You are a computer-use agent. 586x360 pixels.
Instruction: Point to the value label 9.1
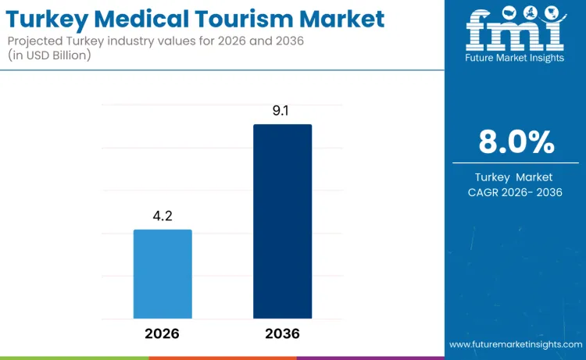[x=282, y=111]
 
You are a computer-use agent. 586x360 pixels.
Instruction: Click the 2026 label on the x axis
[x=162, y=333]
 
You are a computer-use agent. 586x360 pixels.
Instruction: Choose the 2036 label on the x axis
[x=282, y=333]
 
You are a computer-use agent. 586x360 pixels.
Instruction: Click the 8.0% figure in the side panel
[x=516, y=142]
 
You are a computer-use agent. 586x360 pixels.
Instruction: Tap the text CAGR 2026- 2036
[x=516, y=192]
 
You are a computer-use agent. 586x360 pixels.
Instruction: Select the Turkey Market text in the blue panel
[x=516, y=177]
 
